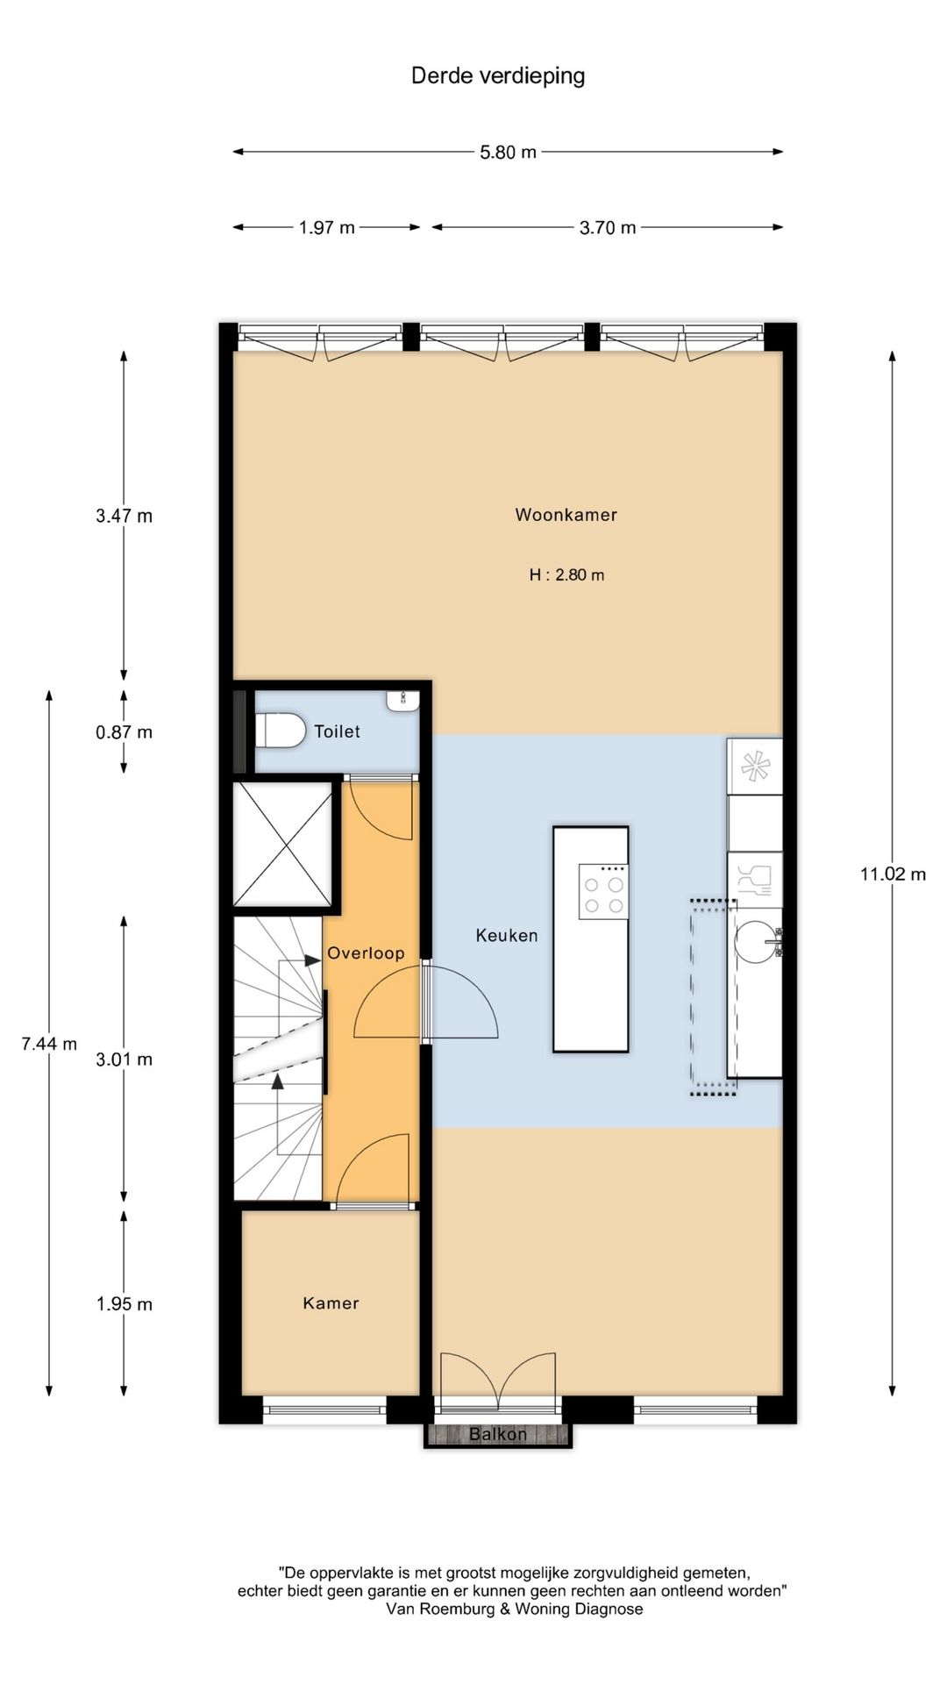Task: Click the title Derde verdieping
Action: point(498,76)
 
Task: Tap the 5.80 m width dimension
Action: point(508,152)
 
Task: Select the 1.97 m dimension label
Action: point(326,227)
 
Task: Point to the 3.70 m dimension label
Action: point(608,227)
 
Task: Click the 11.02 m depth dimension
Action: point(893,874)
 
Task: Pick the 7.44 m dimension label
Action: point(49,1044)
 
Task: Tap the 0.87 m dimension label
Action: point(124,731)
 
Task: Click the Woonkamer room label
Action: point(566,515)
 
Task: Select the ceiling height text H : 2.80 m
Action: point(566,575)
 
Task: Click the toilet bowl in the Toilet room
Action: point(280,731)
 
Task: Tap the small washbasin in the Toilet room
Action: point(402,700)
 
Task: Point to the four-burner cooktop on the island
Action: point(603,892)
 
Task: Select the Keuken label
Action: point(507,936)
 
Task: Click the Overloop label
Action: point(366,953)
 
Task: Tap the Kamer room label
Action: point(331,1303)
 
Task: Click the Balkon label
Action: point(498,1434)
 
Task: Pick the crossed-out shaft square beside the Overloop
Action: point(282,844)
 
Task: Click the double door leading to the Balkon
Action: point(498,1385)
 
